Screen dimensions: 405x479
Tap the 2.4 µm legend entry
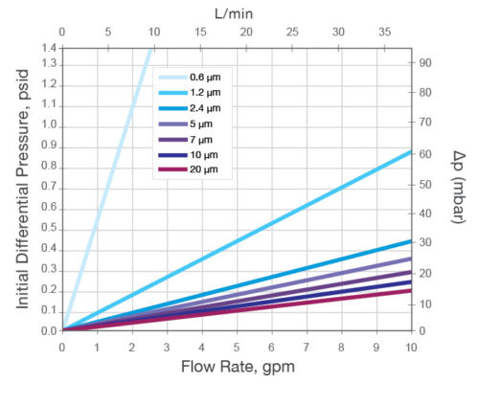pos(206,109)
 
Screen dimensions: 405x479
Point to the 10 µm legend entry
pos(203,155)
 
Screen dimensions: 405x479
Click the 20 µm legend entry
pos(203,169)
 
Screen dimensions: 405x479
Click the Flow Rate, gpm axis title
pos(237,368)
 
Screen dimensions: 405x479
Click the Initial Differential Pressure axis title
pos(22,188)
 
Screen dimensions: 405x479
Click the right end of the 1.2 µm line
pos(409,151)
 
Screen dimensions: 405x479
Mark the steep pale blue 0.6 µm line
pos(105,191)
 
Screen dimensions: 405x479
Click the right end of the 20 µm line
pos(409,291)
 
